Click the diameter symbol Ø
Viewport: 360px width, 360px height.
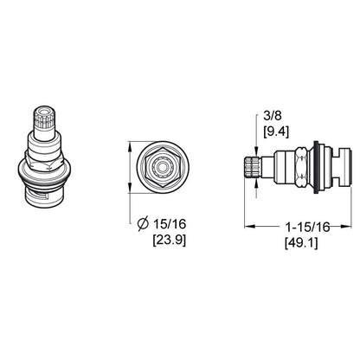[144, 224]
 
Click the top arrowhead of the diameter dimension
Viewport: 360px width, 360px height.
[131, 143]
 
